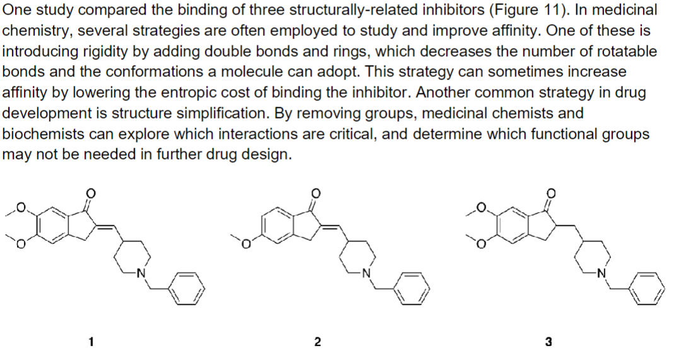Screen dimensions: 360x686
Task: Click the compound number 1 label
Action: (x=91, y=342)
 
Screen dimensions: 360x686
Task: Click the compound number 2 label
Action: (x=317, y=342)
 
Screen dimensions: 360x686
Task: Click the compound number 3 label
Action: (x=548, y=342)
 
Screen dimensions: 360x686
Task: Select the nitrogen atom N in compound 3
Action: (x=602, y=273)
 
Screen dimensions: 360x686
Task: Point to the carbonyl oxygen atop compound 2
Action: (x=317, y=194)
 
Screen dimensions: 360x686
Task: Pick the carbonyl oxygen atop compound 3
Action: (x=552, y=194)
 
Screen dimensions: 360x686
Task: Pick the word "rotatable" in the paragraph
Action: (x=630, y=52)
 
